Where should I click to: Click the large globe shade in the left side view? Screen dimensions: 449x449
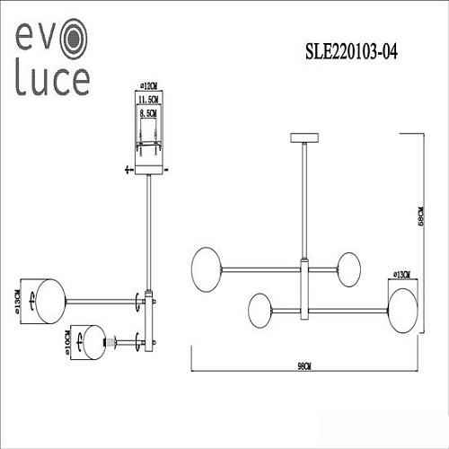point(42,297)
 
